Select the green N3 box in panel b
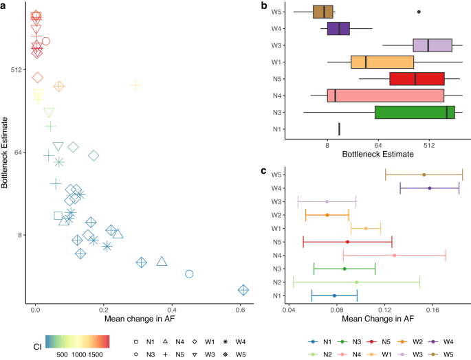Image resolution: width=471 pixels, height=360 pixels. (415, 112)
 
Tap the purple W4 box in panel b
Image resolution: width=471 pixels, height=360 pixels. (338, 28)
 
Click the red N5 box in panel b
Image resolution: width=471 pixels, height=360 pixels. (417, 78)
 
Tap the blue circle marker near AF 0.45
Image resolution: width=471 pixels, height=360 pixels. (189, 273)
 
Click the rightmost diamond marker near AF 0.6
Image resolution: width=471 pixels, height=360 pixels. (243, 290)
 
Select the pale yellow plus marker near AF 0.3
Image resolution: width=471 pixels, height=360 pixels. (135, 85)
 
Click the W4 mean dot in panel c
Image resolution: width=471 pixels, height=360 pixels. (430, 188)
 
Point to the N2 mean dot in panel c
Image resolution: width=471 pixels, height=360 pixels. (356, 282)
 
